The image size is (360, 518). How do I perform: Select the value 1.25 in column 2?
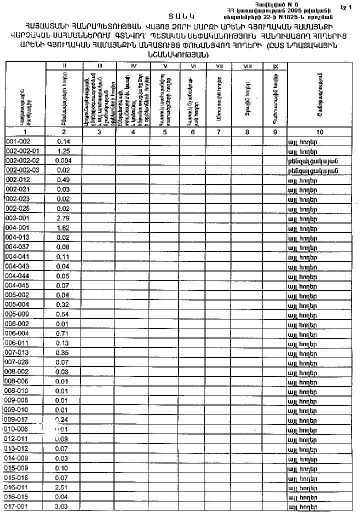63,151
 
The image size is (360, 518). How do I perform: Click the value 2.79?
63,218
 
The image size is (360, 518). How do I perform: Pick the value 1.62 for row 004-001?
63,228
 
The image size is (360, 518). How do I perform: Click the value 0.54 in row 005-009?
63,314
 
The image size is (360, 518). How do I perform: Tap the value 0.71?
63,333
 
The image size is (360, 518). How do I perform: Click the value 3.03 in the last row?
63,506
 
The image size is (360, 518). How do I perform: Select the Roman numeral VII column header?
218,66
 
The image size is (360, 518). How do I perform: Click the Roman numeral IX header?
275,66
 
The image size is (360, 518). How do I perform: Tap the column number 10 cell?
320,132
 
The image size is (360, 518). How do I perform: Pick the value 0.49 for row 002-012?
63,180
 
